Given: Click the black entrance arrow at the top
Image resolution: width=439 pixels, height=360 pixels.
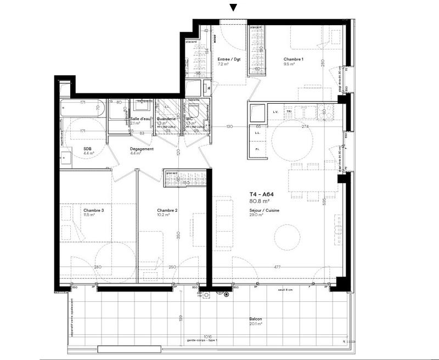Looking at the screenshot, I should click(233, 8).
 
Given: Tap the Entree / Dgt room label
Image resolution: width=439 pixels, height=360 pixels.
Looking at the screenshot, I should click(229, 59).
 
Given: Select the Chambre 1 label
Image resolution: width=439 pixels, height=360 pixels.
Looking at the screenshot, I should click(294, 59).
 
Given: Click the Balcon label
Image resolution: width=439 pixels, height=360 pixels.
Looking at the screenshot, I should click(255, 319).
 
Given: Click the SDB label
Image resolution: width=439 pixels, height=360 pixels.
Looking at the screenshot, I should click(87, 149).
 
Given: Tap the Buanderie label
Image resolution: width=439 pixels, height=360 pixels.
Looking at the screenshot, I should click(166, 119).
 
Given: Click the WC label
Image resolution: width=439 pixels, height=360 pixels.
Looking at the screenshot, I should click(189, 119).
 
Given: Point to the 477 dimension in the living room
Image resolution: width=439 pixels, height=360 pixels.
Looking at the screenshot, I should click(279, 267).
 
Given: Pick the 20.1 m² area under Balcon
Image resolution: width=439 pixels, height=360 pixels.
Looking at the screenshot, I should click(255, 325).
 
